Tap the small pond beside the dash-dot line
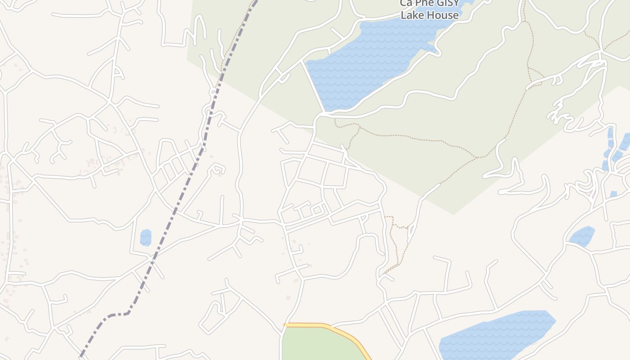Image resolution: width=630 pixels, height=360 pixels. (145, 238)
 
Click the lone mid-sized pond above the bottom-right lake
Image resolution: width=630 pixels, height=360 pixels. (582, 236)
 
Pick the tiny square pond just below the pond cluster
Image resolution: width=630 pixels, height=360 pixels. (613, 194)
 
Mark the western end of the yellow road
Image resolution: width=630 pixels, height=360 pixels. (285, 324)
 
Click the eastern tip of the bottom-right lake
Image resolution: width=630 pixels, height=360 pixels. (556, 320)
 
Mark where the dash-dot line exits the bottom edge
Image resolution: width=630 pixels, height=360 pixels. (80, 359)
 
